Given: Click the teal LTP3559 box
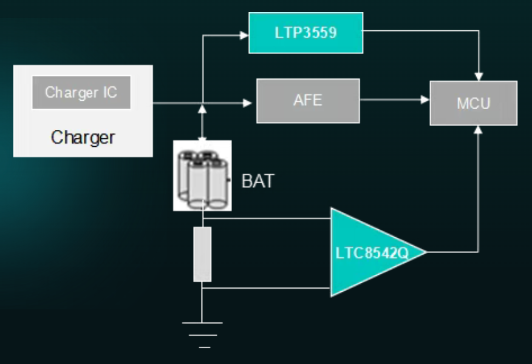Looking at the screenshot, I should coord(305,33).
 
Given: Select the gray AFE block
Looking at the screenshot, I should coord(308,101).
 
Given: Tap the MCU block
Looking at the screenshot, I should coord(473,103).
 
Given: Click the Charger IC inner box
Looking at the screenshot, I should coord(81,93).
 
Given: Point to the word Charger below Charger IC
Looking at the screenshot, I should coord(83,137).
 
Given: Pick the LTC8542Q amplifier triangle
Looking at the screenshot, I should coord(370,252).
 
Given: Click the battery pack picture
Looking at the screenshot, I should coord(202,175).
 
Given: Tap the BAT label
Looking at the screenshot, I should coord(257,181).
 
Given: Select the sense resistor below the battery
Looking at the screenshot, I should coord(202,254).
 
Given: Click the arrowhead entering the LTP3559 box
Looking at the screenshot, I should coord(245,35).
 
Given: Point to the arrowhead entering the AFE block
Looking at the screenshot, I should coord(248,103).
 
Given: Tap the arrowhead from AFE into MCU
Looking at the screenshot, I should coord(425,100).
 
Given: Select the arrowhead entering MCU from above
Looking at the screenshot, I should coord(479,76).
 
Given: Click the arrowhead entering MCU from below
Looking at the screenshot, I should coord(479,129).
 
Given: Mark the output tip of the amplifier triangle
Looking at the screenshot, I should coord(425,252).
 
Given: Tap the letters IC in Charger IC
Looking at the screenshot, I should coord(109,93).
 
